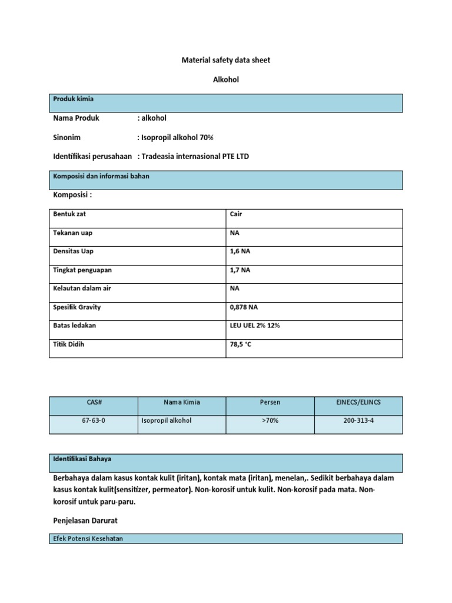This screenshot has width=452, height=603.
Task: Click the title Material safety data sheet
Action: pos(225,60)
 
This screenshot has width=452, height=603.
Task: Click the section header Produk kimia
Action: pos(74,99)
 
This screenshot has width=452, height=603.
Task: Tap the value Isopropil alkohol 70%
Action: pos(175,137)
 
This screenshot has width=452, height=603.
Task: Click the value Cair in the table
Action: pos(236,214)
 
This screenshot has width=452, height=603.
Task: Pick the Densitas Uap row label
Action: pos(74,251)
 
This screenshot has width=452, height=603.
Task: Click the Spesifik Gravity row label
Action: pos(77,307)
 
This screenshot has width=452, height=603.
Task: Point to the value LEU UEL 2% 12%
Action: pos(255,325)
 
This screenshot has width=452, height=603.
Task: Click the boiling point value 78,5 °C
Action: pos(241,344)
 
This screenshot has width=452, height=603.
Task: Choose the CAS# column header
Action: pos(94,402)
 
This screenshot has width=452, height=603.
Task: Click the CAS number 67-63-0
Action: pos(94,421)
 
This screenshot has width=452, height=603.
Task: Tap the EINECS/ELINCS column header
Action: pos(358,402)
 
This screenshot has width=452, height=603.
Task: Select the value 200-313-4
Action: pos(358,421)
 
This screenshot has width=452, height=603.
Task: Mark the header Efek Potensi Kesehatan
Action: pos(88,538)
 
